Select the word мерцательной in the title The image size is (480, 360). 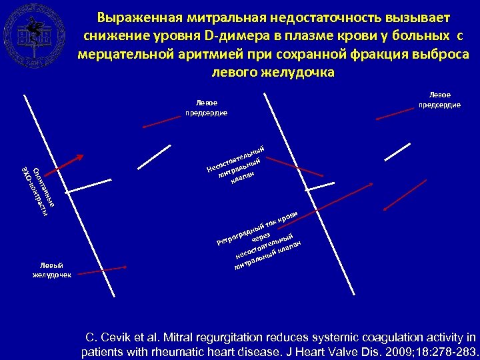point(125,53)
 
